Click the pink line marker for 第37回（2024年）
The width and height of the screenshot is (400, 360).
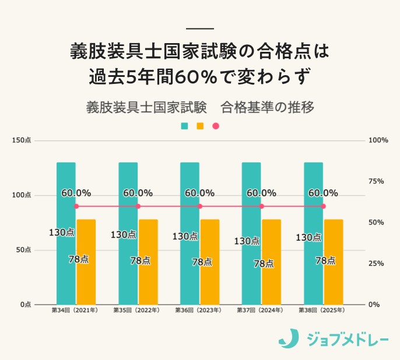pos(261,206)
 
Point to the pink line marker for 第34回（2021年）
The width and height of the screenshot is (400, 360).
pos(76,206)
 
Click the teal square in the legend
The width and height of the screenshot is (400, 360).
pos(184,126)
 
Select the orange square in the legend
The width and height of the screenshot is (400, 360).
pos(200,126)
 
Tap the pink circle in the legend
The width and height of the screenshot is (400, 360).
pos(216,126)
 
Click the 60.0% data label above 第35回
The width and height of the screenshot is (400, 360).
pos(138,193)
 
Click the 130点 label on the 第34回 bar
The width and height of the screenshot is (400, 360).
pos(61,232)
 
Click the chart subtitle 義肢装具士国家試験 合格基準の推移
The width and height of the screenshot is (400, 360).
pos(200,108)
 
